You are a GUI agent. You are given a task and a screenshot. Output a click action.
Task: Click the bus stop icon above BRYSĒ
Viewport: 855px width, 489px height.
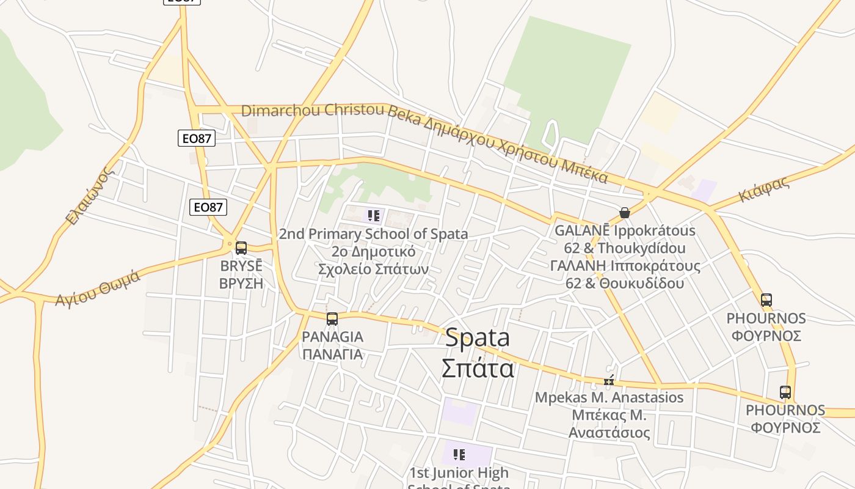[241, 248]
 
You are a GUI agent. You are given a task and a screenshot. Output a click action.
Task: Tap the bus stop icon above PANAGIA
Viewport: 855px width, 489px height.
[332, 319]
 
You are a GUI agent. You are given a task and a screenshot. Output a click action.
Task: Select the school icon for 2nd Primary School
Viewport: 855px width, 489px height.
[374, 216]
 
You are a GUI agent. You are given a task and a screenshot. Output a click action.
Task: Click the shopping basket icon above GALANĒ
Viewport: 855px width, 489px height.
[624, 213]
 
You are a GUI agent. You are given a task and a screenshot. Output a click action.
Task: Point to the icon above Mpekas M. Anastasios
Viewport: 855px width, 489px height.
[609, 381]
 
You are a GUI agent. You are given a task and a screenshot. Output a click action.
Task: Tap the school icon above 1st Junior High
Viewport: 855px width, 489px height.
[459, 455]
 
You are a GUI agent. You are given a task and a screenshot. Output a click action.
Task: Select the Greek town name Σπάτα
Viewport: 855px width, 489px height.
[477, 368]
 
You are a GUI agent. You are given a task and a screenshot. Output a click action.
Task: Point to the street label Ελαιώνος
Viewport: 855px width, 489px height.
[90, 196]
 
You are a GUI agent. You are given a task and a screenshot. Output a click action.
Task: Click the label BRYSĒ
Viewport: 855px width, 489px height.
[241, 267]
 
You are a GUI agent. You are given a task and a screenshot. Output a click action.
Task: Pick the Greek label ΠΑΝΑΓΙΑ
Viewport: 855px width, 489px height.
[332, 354]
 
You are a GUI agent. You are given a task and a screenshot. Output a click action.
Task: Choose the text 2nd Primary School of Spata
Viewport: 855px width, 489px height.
[374, 234]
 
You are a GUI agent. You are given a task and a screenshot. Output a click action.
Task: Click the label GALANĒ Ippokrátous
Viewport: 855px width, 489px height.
[625, 231]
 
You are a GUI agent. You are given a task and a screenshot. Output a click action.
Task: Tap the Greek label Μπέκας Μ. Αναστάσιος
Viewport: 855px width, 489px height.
[609, 424]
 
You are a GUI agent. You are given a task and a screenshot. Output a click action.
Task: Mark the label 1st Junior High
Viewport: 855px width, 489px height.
[459, 473]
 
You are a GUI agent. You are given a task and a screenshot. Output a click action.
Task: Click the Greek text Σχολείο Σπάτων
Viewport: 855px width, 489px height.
[374, 269]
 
